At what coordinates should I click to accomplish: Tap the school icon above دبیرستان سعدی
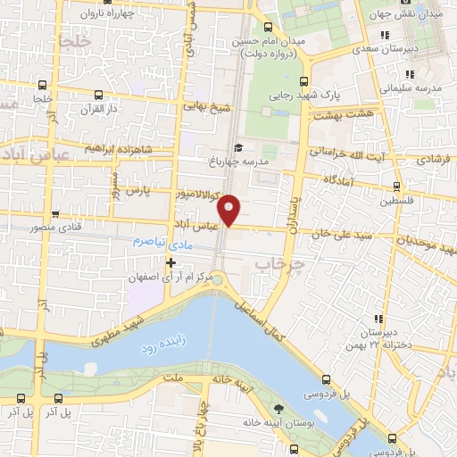384,35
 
